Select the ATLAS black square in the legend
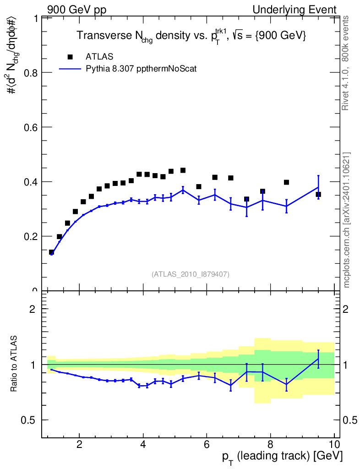point(70,57)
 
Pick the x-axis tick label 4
point(143,443)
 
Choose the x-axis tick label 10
point(334,443)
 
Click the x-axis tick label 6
point(207,443)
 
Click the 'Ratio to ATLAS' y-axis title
point(15,364)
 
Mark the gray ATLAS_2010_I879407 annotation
point(191,274)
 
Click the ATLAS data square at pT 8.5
point(286,182)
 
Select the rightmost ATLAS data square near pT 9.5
point(318,194)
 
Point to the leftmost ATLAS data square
point(52,252)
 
